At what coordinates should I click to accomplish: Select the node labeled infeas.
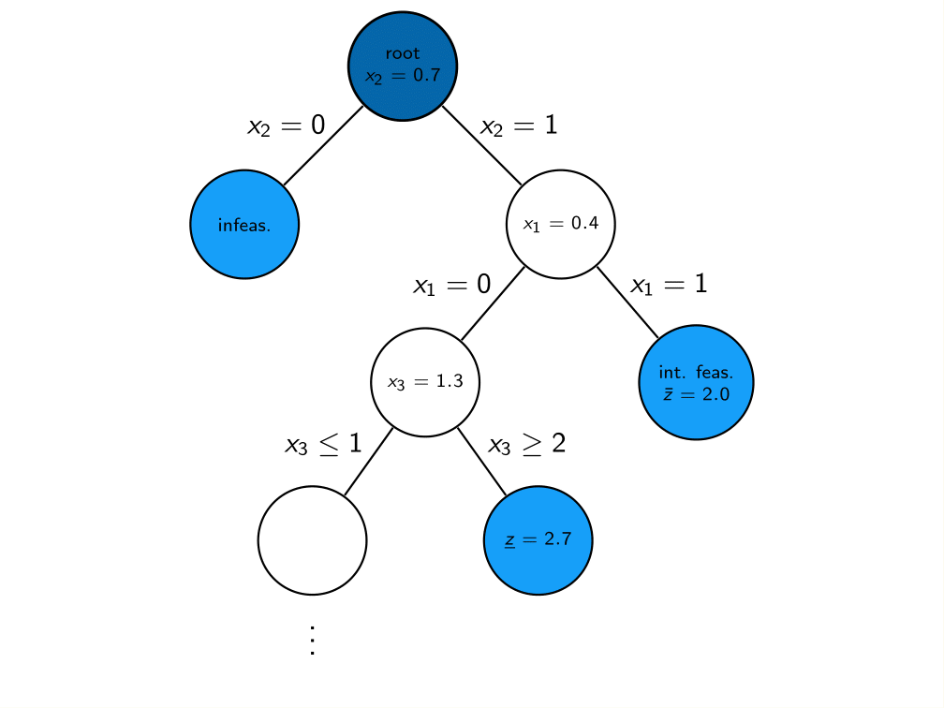(244, 224)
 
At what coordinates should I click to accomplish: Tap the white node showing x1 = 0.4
(560, 224)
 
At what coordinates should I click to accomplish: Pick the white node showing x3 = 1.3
(425, 382)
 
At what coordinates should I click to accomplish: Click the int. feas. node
(696, 382)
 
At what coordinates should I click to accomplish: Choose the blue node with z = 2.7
(538, 540)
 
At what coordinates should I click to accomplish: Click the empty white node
(312, 540)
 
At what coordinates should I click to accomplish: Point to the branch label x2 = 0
(286, 125)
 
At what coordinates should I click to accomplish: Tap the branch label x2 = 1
(519, 125)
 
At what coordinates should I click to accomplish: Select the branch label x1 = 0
(451, 285)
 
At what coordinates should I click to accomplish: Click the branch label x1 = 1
(668, 285)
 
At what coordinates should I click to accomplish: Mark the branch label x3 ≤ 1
(323, 443)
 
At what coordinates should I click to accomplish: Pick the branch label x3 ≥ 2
(527, 443)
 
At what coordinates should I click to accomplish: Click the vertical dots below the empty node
(312, 640)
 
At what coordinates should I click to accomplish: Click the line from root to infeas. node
(323, 145)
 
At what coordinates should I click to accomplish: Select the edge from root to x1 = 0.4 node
(481, 145)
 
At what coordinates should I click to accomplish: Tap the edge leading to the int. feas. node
(627, 302)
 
